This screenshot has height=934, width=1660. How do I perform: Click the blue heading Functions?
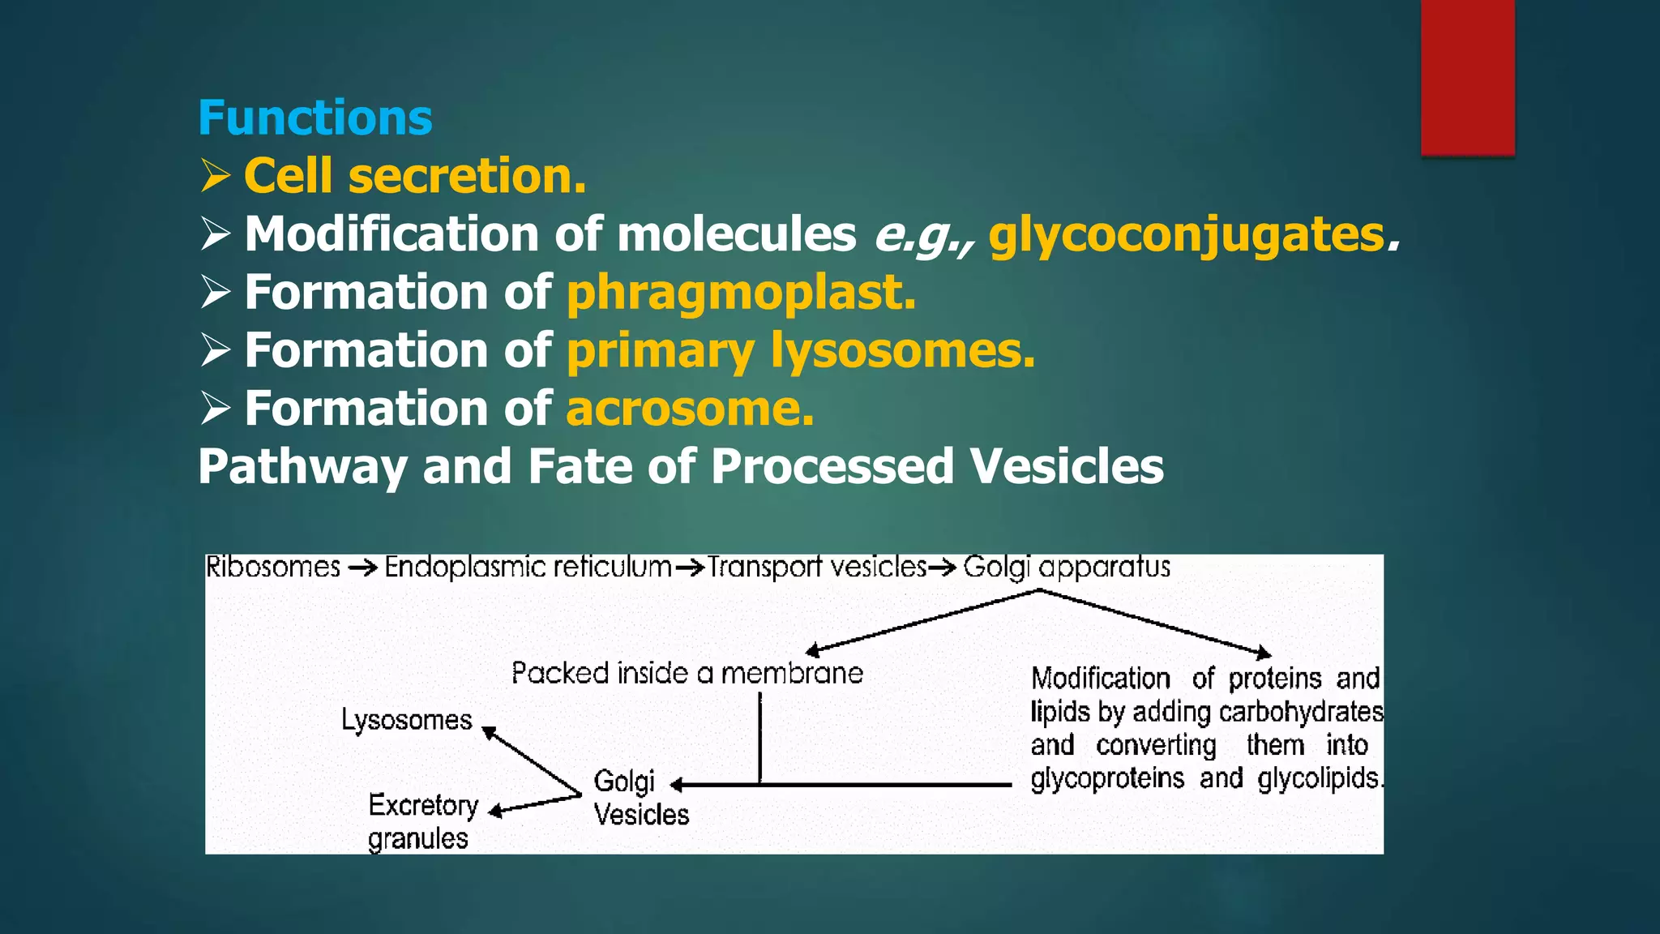coord(314,118)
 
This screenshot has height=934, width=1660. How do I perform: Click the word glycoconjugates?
coord(1187,235)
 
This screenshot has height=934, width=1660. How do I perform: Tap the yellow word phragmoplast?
coord(741,293)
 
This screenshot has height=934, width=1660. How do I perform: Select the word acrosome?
coord(689,409)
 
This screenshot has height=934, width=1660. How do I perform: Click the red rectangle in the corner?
coord(1467,77)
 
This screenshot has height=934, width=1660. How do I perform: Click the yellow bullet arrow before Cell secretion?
coord(216,176)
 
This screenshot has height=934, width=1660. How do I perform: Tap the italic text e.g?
coord(921,236)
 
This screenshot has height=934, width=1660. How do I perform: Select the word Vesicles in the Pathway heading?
coord(1066,467)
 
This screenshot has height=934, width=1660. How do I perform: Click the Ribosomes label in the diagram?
coord(273,567)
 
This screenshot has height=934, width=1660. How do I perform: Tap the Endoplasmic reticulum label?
coord(528,567)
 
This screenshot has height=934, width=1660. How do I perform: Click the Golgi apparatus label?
coord(1066,567)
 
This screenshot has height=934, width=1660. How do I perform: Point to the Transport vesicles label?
coord(816,567)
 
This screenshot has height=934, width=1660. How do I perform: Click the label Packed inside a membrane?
coord(687,673)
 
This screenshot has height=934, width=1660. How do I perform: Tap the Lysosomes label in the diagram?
coord(406,720)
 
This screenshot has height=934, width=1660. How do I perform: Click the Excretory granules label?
coord(421,821)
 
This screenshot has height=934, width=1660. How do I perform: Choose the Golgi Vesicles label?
coord(640,798)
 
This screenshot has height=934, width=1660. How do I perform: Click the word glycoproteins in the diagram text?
coord(1106,778)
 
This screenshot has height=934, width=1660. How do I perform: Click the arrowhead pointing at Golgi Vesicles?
coord(678,784)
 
